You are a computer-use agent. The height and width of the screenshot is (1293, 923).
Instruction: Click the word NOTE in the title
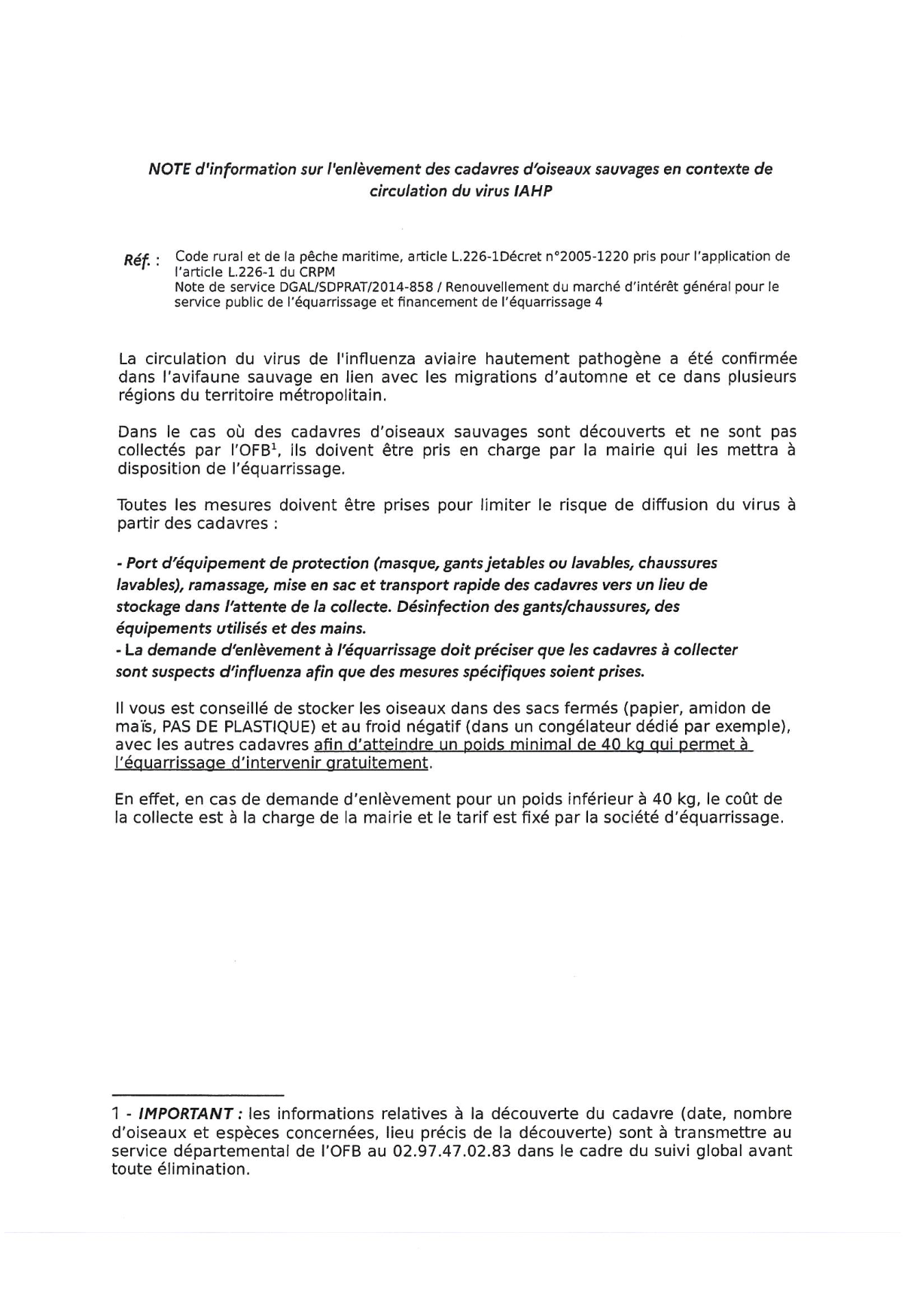(x=169, y=169)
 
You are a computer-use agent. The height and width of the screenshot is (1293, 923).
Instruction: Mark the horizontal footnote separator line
(x=197, y=1094)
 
